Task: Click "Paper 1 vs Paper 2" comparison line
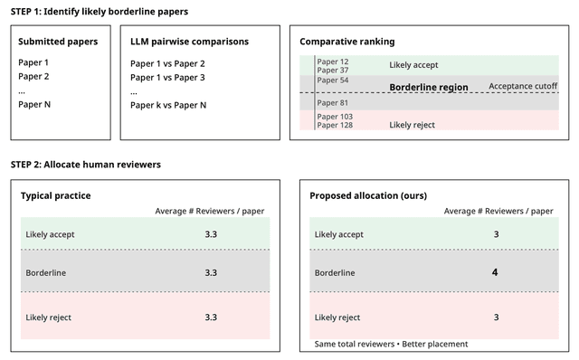point(167,63)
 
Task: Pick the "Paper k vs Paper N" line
point(168,105)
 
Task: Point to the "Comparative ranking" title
point(347,42)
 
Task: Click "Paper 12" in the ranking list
point(333,62)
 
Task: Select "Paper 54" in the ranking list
point(333,81)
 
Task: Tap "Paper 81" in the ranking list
point(333,102)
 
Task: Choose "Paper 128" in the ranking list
point(335,125)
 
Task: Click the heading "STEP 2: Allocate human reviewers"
point(86,165)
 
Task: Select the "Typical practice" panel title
point(55,195)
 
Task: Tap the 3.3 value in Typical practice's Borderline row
point(211,272)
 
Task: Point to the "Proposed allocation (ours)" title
point(368,195)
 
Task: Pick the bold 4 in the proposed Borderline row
point(496,272)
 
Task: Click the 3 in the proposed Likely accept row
point(496,234)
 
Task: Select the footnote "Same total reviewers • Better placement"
point(393,345)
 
